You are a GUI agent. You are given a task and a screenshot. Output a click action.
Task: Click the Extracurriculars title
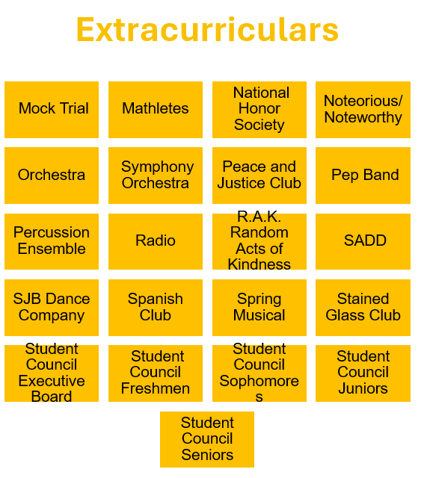tap(207, 30)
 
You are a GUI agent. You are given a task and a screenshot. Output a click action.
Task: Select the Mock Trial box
tap(52, 110)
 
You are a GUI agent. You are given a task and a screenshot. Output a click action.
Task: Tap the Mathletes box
tap(156, 110)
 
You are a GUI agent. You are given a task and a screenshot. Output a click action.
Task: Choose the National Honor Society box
tap(259, 110)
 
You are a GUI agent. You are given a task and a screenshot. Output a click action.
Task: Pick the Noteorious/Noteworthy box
tap(363, 110)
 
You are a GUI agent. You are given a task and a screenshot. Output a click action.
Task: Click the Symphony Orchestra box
tap(156, 176)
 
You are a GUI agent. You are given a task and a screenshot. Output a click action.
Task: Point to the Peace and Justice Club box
tap(259, 176)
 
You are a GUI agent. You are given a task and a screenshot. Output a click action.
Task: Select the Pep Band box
tap(363, 176)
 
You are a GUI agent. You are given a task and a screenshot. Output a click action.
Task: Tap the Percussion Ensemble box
tap(52, 241)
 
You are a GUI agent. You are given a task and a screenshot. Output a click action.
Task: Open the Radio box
tap(156, 241)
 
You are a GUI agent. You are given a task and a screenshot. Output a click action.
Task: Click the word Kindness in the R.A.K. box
tap(259, 264)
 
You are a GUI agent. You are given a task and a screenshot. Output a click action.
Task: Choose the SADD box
tap(363, 241)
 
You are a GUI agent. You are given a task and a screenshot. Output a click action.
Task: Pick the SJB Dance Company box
tap(52, 308)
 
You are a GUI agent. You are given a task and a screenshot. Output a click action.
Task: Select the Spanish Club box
tap(156, 308)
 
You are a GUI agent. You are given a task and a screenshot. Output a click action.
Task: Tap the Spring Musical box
tap(259, 308)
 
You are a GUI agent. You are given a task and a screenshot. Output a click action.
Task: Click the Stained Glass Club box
tap(363, 308)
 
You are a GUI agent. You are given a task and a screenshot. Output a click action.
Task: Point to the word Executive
tap(52, 381)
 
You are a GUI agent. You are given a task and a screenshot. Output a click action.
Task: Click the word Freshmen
tap(156, 388)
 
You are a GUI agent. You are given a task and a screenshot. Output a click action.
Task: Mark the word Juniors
tap(363, 388)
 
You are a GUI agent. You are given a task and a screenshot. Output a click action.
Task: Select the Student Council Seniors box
tap(207, 439)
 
